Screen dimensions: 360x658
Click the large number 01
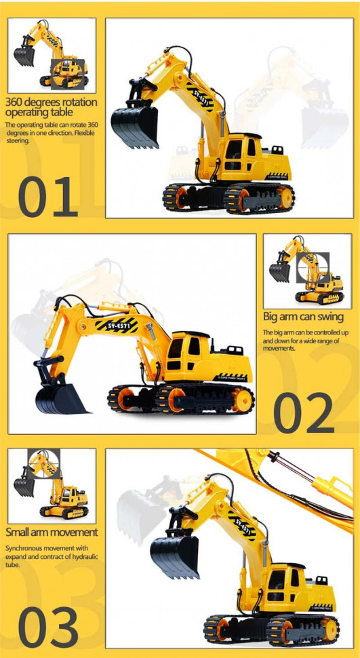[48, 197]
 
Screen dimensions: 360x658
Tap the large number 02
[304, 412]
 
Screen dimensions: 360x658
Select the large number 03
[48, 627]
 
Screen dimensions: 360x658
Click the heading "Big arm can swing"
[303, 316]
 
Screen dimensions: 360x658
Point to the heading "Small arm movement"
[52, 532]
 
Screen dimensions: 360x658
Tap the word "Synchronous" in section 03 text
[24, 549]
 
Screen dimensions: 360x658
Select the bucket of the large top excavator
[135, 126]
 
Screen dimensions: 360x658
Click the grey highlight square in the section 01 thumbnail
[68, 74]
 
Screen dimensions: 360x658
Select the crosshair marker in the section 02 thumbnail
[313, 267]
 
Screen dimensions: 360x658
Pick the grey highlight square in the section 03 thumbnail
[44, 464]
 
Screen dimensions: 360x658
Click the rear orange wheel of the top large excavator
[285, 197]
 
